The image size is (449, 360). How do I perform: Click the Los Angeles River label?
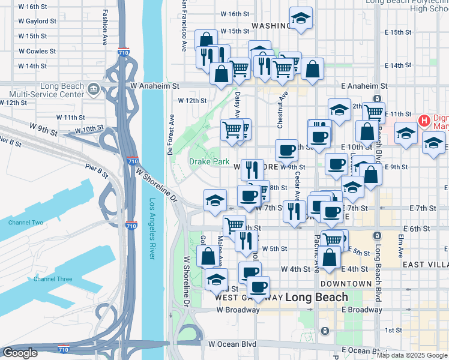[152, 229]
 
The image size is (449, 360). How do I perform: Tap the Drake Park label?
[201, 161]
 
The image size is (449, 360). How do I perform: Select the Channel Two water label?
[26, 223]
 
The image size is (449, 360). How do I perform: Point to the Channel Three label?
[53, 279]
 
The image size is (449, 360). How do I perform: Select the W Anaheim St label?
[155, 86]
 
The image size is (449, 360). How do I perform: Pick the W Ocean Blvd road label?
[232, 344]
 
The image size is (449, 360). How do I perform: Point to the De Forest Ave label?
[172, 135]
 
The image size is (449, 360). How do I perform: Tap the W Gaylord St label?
[37, 21]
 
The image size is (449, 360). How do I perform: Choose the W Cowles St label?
[37, 52]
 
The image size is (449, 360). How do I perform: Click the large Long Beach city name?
[316, 297]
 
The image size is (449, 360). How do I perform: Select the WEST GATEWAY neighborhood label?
[240, 298]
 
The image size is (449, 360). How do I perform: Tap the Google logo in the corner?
[20, 353]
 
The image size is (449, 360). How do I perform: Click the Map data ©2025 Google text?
[412, 355]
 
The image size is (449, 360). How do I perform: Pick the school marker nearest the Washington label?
[301, 19]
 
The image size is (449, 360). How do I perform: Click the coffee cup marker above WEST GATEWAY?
[258, 287]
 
